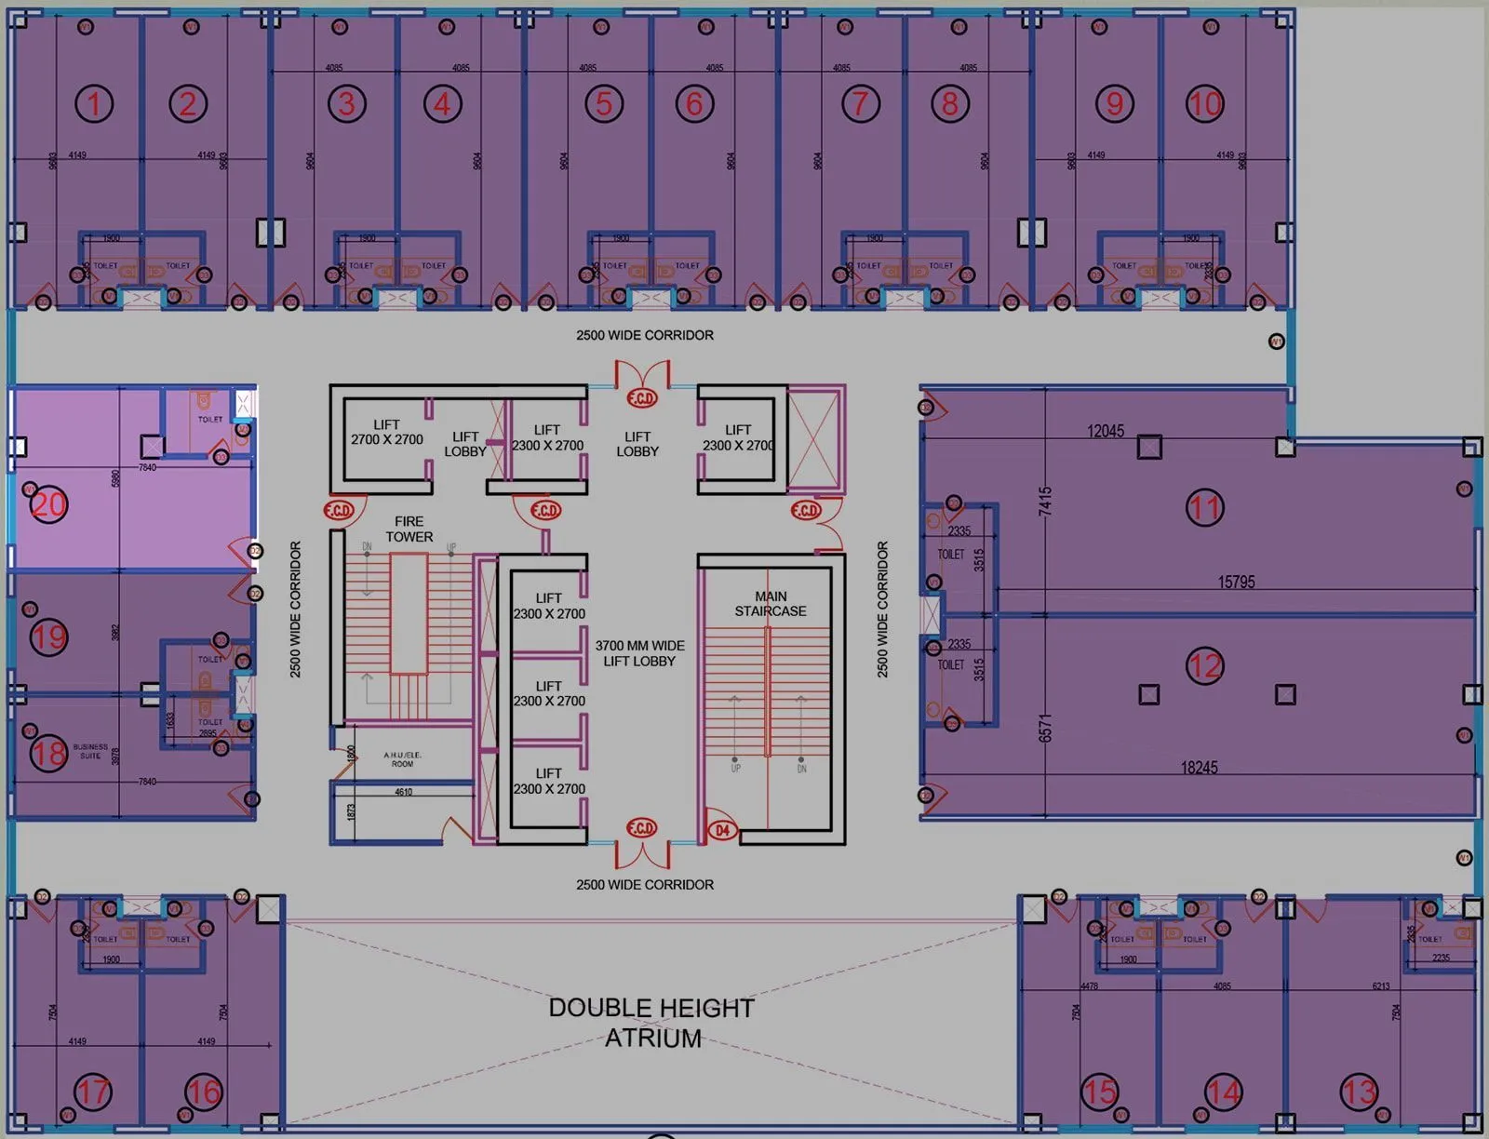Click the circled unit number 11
click(1205, 508)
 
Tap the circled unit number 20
click(48, 505)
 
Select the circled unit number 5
click(604, 103)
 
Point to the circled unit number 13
click(1359, 1092)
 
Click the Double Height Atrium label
click(651, 1023)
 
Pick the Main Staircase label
click(771, 604)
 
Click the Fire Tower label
click(409, 529)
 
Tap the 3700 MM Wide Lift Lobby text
click(639, 653)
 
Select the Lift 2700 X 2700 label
click(386, 432)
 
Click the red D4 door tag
click(723, 830)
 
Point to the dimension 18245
click(1199, 768)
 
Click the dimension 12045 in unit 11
click(1106, 431)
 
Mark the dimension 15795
click(1236, 582)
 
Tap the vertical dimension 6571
click(1045, 728)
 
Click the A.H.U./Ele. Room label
click(402, 759)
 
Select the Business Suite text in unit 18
click(90, 751)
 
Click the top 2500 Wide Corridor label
click(644, 335)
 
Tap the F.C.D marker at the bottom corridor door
click(642, 828)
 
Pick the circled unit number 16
click(203, 1092)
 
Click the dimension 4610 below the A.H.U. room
click(403, 792)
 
